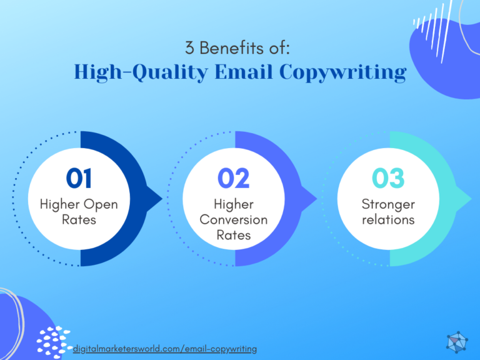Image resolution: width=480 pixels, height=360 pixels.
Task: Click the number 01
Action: click(x=79, y=179)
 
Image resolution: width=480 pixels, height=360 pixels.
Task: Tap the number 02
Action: click(x=234, y=179)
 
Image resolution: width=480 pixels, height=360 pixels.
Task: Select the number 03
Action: click(x=388, y=179)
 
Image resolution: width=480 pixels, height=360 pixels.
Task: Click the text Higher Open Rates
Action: click(x=79, y=212)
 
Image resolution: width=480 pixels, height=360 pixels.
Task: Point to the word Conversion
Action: click(x=234, y=220)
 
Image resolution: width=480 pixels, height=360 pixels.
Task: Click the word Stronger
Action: click(x=388, y=204)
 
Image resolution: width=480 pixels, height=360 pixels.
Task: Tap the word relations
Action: click(x=388, y=220)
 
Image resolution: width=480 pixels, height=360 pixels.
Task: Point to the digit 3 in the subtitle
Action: click(x=189, y=47)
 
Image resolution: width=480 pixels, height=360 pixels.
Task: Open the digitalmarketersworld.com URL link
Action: click(x=165, y=348)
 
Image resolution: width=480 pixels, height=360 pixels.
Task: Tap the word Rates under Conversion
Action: click(x=234, y=236)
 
